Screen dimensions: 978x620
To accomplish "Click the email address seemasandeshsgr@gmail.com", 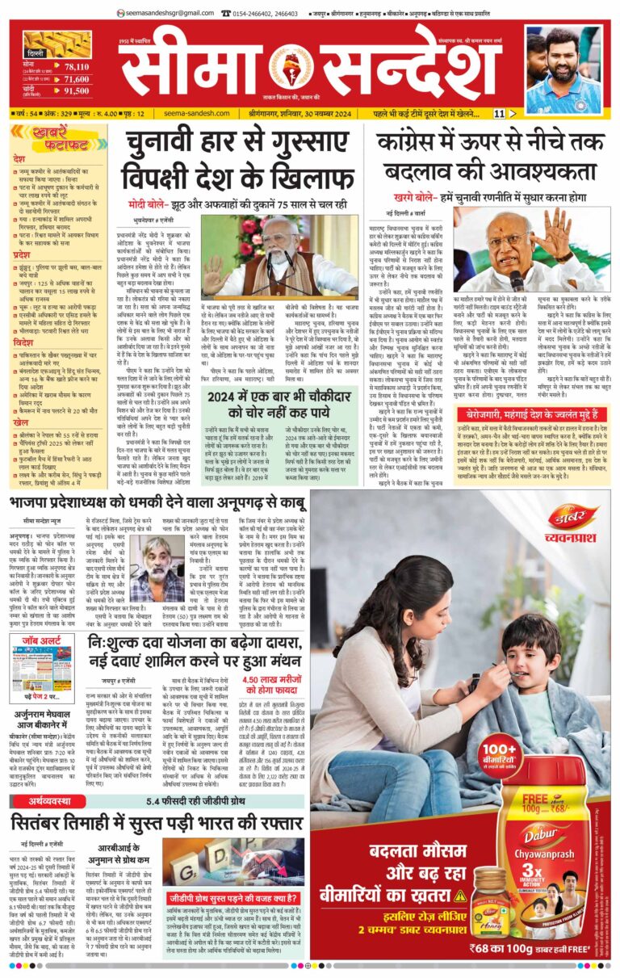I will click(x=167, y=13).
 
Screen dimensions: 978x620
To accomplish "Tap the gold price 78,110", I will click(x=76, y=66).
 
